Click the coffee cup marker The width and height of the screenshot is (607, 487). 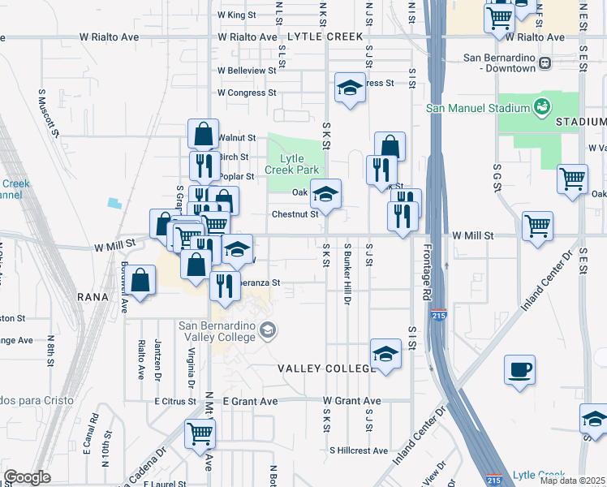pyautogui.click(x=519, y=371)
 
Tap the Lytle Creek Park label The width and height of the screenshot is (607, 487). pyautogui.click(x=293, y=164)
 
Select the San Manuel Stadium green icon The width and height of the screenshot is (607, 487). pyautogui.click(x=541, y=106)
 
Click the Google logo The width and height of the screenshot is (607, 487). pyautogui.click(x=27, y=477)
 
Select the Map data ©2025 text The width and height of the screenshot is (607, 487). pyautogui.click(x=571, y=481)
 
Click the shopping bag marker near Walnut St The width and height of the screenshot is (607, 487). pyautogui.click(x=203, y=134)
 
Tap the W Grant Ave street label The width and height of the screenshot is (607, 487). pyautogui.click(x=351, y=401)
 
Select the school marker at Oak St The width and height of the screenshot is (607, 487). pyautogui.click(x=326, y=195)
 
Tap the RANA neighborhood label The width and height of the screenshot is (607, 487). pyautogui.click(x=93, y=296)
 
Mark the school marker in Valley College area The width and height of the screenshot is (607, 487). pyautogui.click(x=385, y=354)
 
